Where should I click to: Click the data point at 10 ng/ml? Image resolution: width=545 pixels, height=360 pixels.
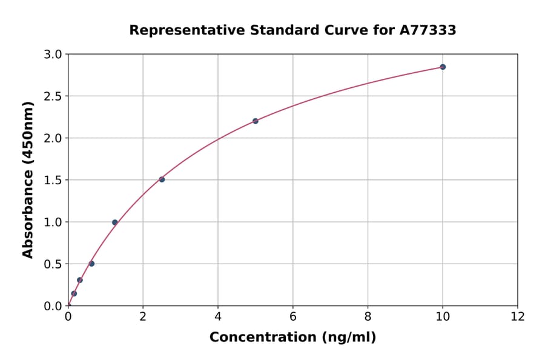pos(443,67)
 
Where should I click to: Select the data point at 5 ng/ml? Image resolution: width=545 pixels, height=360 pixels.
pos(256,121)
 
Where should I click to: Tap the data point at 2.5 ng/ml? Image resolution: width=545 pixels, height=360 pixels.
pos(162,179)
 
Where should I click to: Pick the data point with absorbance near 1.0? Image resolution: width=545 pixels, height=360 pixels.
pos(115,222)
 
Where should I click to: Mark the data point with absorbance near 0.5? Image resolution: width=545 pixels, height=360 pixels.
pos(91,264)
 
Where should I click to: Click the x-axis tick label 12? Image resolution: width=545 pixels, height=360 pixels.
pos(518,316)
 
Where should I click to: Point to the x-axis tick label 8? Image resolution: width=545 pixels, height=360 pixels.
pos(368,316)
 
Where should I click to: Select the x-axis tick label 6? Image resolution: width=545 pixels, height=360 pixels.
pos(292,316)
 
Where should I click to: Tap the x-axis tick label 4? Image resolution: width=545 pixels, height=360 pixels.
pos(218,316)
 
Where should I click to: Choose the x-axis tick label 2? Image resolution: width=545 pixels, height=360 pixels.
pos(143,316)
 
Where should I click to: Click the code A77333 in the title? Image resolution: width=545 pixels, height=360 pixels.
pos(429,30)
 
